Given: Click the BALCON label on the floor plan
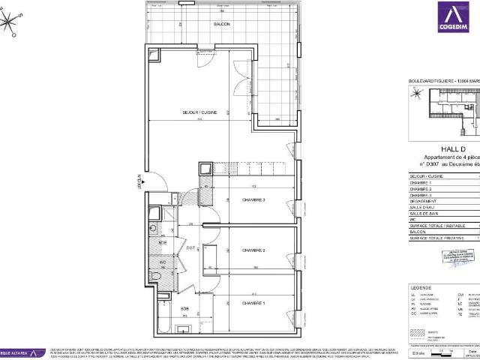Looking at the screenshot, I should click(221, 25).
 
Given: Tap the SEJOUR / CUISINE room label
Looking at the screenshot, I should click(198, 112).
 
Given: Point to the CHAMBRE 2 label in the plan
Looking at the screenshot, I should click(254, 250).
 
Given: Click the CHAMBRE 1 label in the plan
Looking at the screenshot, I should click(254, 302).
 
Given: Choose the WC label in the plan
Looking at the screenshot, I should click(163, 262).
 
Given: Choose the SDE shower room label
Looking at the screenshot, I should click(163, 242).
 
